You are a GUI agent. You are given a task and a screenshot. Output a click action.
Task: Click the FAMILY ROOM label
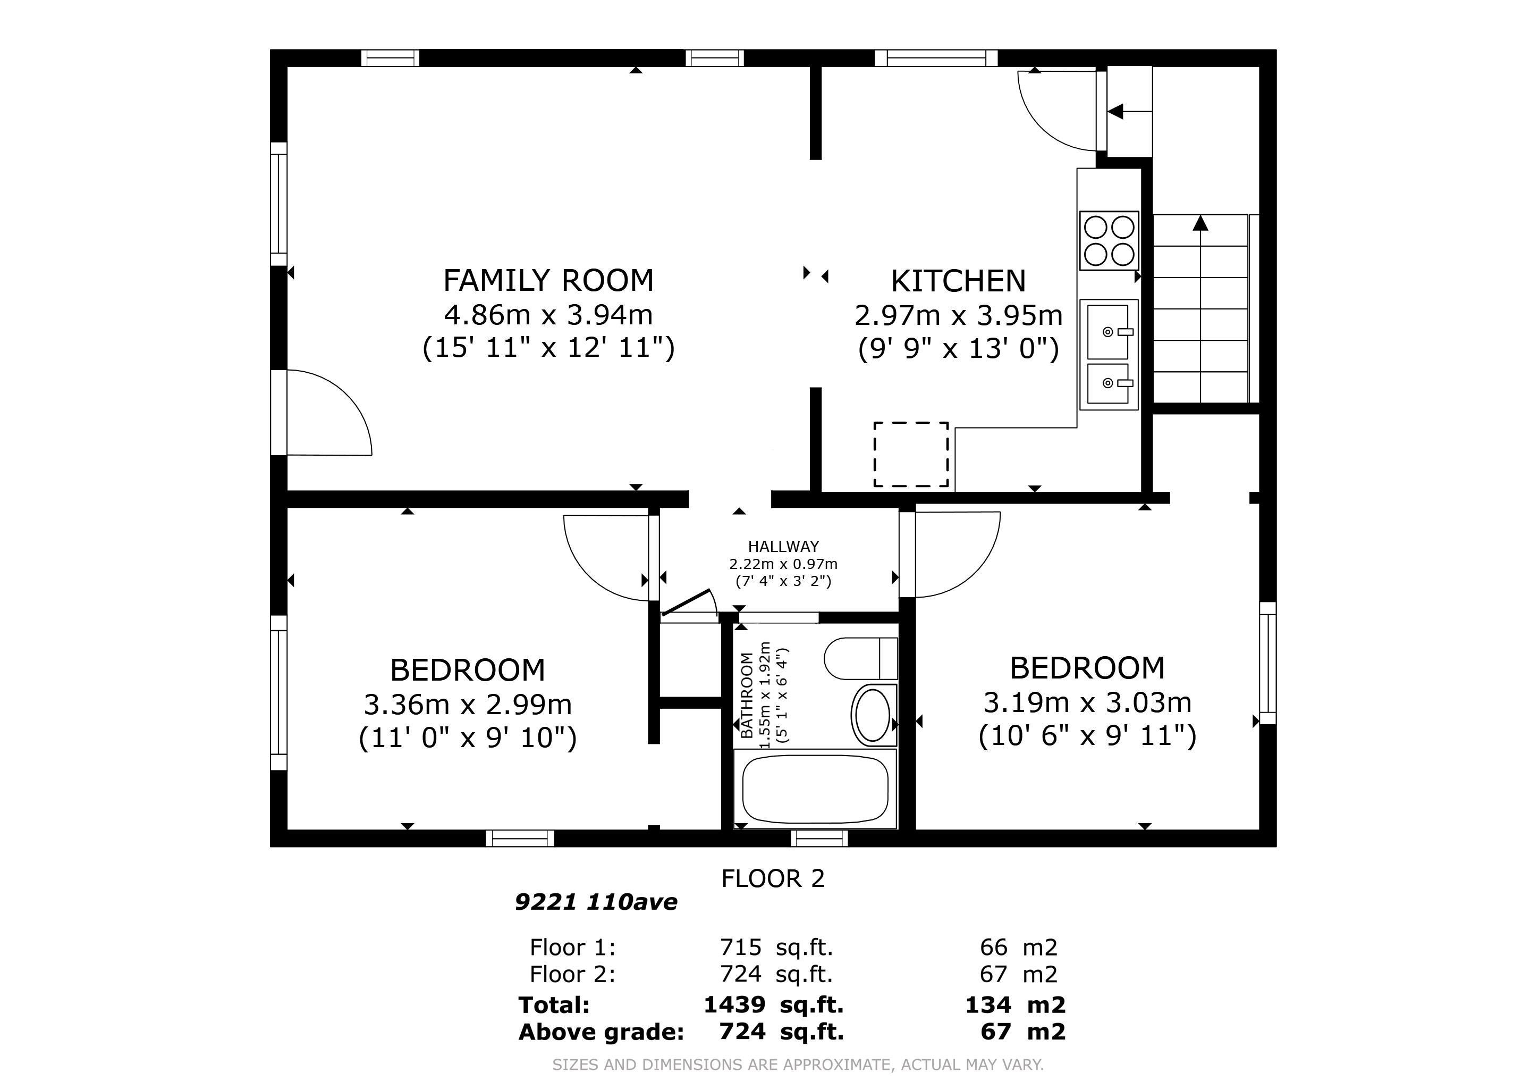point(548,280)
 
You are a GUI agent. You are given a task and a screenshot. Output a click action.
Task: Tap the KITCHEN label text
point(958,281)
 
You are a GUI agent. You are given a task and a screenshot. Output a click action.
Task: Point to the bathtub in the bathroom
point(815,789)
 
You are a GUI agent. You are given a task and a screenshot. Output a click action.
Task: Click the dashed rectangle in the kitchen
point(910,454)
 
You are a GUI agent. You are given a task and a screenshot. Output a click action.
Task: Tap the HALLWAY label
point(783,547)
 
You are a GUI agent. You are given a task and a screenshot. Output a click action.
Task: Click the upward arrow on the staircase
point(1200,223)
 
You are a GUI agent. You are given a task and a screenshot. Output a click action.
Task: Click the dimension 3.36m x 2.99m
point(467,705)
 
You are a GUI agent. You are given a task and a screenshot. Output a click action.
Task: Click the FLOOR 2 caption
point(772,878)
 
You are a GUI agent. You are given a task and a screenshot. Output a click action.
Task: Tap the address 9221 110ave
point(595,902)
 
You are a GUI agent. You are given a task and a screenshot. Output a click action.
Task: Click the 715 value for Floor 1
point(740,948)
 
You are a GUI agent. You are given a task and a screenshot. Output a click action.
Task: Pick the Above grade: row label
point(601,1032)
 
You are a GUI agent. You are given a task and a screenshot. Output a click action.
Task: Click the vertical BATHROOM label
point(747,696)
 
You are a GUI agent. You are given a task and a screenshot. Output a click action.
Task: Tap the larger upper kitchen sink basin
point(1107,332)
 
